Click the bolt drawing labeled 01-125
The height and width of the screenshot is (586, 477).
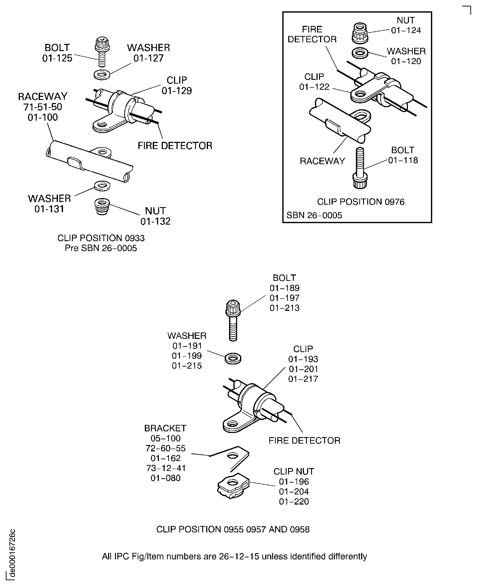pyautogui.click(x=102, y=51)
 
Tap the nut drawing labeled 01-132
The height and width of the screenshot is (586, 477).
pyautogui.click(x=102, y=206)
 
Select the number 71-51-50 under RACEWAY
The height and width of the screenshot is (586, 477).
pyautogui.click(x=43, y=107)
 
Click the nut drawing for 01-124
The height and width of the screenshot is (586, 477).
pyautogui.click(x=360, y=33)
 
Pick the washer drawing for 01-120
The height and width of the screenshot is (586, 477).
pyautogui.click(x=360, y=53)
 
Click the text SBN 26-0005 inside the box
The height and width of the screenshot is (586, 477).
pyautogui.click(x=314, y=215)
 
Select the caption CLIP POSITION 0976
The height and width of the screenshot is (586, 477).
pyautogui.click(x=361, y=202)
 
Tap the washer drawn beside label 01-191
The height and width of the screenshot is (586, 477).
pyautogui.click(x=233, y=358)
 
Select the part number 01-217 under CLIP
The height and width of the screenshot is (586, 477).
pyautogui.click(x=303, y=379)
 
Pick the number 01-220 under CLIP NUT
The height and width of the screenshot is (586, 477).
pyautogui.click(x=294, y=501)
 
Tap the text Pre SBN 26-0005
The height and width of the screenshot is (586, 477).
pyautogui.click(x=101, y=248)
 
